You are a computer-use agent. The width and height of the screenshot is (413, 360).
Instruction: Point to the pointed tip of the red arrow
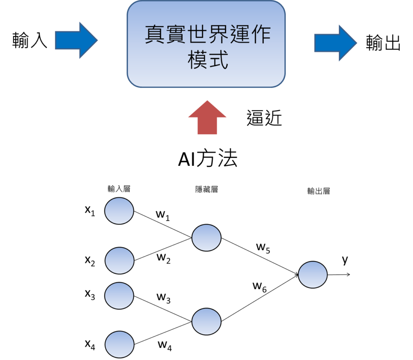tap(207, 101)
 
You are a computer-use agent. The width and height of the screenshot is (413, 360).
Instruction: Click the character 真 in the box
tap(155, 35)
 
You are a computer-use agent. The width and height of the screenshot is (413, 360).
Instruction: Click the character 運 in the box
tap(239, 35)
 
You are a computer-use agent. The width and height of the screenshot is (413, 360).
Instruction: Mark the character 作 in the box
tap(260, 35)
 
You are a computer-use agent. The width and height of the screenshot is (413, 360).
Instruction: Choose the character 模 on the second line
tap(197, 60)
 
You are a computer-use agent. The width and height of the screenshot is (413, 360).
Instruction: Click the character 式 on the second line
tap(218, 60)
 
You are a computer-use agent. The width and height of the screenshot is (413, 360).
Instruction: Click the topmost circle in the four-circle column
tap(119, 211)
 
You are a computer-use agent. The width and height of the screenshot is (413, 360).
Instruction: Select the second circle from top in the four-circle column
tap(119, 261)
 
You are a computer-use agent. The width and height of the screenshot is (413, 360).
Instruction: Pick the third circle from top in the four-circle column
tap(119, 296)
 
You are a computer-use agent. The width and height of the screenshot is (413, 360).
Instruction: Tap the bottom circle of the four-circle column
tap(119, 344)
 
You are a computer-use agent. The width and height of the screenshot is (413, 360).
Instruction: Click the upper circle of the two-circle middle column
tap(206, 238)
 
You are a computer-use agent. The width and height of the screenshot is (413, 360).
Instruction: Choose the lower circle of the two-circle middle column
tap(206, 322)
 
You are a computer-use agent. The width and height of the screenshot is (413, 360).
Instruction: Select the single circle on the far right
tap(313, 274)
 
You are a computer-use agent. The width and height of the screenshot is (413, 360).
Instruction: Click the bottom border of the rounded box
tap(206, 87)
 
